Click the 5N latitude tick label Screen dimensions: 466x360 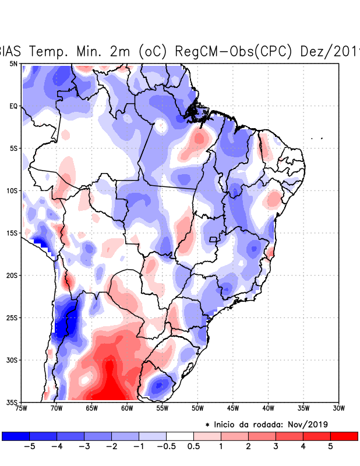[x=13, y=63]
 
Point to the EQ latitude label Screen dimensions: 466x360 [x=13, y=106]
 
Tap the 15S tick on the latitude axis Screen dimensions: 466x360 [x=12, y=233]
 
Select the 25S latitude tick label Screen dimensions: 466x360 [x=12, y=317]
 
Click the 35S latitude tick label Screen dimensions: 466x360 [x=12, y=402]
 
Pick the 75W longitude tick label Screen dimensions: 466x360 [x=22, y=408]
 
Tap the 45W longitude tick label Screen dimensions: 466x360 [x=233, y=408]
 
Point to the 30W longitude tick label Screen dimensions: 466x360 [x=339, y=408]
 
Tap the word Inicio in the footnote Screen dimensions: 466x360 [x=227, y=424]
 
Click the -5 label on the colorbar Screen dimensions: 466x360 [x=29, y=446]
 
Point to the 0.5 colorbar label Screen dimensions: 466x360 [x=194, y=446]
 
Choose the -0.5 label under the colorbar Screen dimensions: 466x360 [x=167, y=446]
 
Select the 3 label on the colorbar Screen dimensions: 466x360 [x=276, y=446]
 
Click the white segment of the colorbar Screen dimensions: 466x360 [x=180, y=436]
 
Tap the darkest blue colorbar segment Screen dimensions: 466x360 [x=16, y=436]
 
